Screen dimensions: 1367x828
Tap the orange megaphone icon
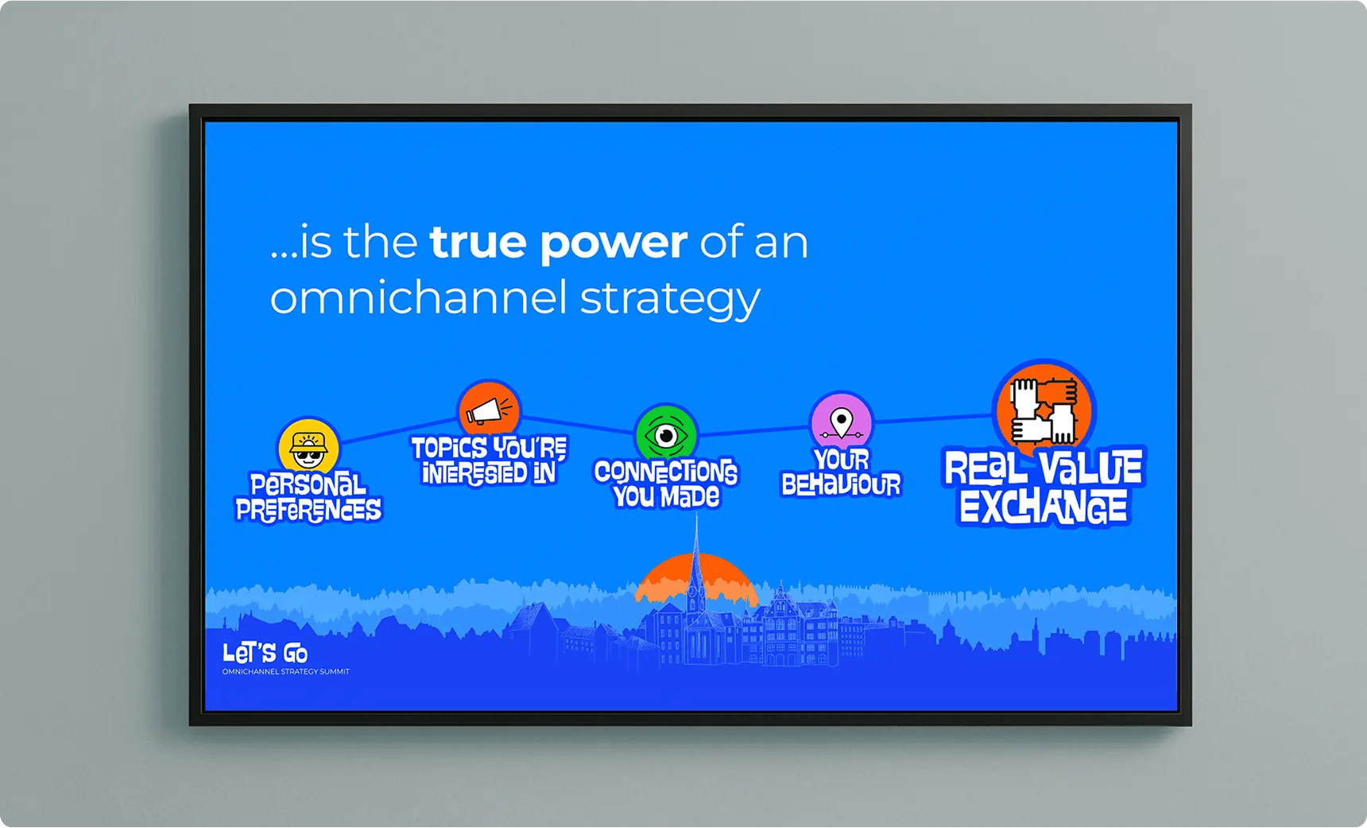489,410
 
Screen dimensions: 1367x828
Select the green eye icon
666,434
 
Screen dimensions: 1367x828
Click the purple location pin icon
841,422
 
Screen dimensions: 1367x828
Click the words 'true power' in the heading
558,243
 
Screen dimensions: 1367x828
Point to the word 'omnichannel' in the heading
419,297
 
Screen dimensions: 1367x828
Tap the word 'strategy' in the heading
670,301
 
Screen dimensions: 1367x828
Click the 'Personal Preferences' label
308,498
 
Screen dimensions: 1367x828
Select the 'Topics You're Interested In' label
489,461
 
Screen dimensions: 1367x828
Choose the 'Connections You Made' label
666,484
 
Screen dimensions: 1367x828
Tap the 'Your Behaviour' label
841,472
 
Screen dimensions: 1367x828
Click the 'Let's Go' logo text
265,654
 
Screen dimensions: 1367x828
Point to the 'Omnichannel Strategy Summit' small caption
286,672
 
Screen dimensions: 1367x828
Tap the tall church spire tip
697,514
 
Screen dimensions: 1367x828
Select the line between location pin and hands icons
933,418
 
